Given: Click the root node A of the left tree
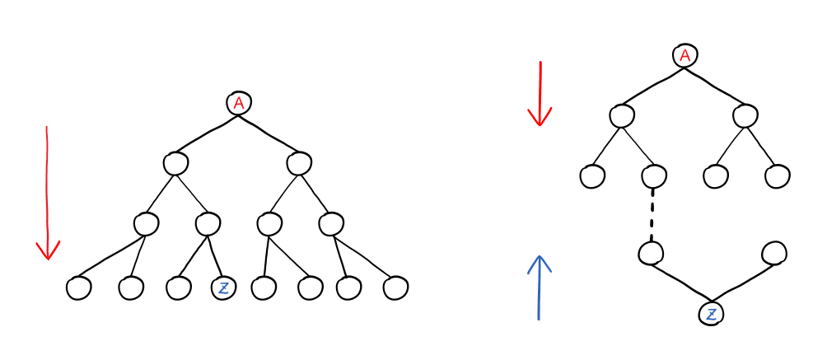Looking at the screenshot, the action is [239, 103].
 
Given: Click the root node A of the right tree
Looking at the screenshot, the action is [684, 56].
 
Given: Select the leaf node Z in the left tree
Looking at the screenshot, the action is [223, 288].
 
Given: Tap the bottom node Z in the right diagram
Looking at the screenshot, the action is [711, 314].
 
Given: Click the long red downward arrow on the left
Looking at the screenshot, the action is [48, 194].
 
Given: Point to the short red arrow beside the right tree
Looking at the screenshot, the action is [540, 94].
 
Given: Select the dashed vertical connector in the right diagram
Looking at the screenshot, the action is [652, 213].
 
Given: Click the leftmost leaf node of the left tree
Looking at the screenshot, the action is [79, 288].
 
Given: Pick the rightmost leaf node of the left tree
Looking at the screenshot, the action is [395, 288].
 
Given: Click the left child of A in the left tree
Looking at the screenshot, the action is [175, 163].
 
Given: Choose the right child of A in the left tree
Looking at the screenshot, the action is [298, 163].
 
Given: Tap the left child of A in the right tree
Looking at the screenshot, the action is [622, 115].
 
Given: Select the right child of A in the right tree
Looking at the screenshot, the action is [745, 115].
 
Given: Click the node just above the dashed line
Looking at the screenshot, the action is [653, 175].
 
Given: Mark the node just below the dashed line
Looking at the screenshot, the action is [651, 253].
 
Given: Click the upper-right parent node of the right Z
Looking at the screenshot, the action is [773, 253].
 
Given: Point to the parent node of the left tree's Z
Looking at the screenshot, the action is [208, 222].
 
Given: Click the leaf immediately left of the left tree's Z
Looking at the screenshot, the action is [178, 288].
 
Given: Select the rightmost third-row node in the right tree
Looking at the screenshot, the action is [777, 175].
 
